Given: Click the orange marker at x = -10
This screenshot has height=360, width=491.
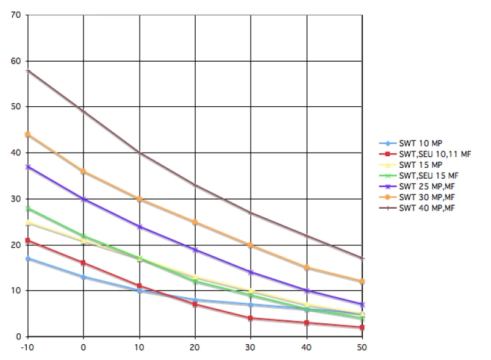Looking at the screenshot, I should (28, 134).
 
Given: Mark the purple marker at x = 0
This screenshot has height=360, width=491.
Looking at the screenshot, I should (84, 199).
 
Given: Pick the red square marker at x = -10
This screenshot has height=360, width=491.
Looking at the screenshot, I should (28, 240).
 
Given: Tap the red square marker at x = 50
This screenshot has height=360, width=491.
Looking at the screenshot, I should (363, 328).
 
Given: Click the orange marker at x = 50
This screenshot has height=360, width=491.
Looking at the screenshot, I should (363, 281).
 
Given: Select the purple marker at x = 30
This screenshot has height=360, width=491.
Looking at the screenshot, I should (251, 272).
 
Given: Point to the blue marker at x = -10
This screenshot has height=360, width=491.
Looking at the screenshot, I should (28, 259).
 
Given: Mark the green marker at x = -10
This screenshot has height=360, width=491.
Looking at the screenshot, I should (28, 208).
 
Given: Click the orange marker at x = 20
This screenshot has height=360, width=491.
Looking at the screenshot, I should (195, 222).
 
